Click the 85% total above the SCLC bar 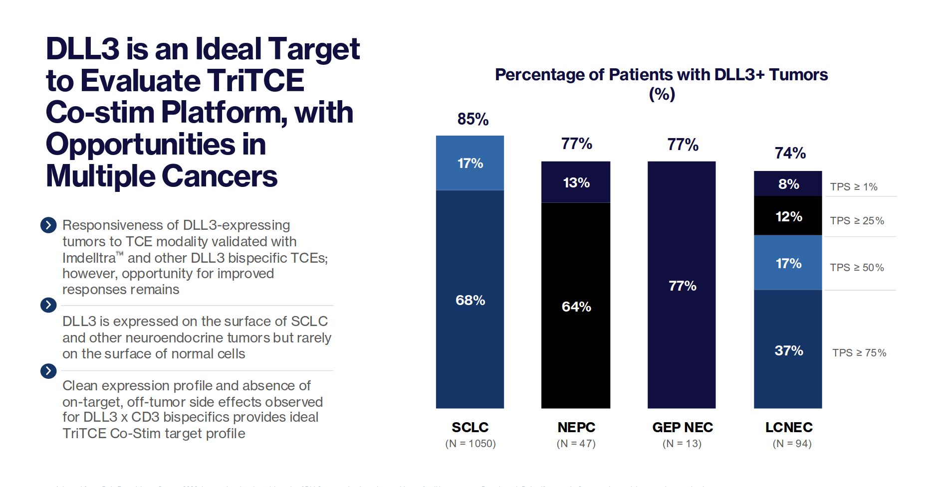tap(472, 119)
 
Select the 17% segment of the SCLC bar tap(470, 163)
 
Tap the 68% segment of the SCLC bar tap(470, 300)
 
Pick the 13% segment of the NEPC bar tap(576, 182)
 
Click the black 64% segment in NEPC tap(576, 306)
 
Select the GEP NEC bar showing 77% tap(682, 285)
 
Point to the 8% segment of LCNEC tap(788, 184)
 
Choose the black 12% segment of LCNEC tap(788, 216)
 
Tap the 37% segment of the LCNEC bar tap(788, 350)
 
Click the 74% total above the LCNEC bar tap(790, 153)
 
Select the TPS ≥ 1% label tap(853, 187)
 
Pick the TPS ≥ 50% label tap(857, 268)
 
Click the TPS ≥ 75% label tap(859, 353)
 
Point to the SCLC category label tap(470, 427)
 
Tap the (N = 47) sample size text tap(576, 443)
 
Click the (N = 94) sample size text tap(792, 443)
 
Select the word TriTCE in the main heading tap(255, 81)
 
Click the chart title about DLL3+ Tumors tap(661, 75)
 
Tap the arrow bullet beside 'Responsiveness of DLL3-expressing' tap(48, 225)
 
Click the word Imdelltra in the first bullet tap(89, 258)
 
